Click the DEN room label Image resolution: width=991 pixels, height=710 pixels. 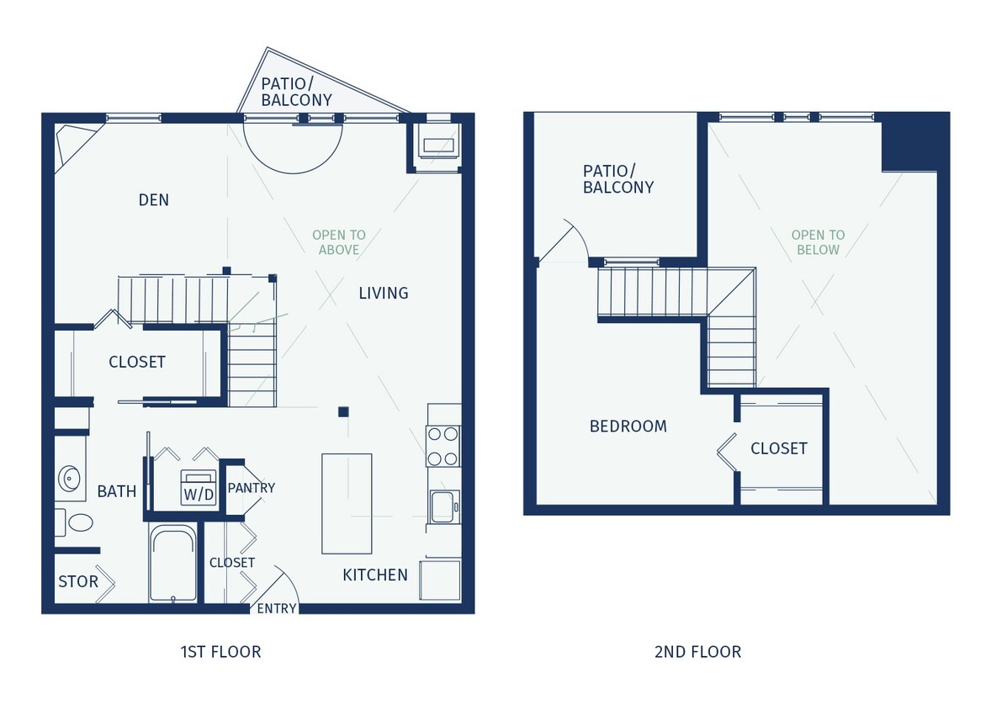point(153,200)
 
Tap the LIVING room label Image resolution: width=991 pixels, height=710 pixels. point(383,294)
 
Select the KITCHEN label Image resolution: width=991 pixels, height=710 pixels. point(374,575)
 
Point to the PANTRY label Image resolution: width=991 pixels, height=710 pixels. point(251,488)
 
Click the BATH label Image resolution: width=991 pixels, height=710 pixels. point(116,491)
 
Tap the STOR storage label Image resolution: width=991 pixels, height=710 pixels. point(77,582)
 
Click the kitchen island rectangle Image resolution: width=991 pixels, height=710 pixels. point(347,503)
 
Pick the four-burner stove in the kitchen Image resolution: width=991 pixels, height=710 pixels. point(443,446)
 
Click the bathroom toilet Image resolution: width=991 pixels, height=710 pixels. point(79,523)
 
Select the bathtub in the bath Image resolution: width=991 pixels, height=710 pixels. point(172,564)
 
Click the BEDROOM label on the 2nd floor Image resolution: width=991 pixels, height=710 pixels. point(628,427)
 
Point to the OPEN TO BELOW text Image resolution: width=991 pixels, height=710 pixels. point(818,242)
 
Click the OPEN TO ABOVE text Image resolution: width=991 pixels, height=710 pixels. point(338,242)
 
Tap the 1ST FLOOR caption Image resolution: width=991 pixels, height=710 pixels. point(220,652)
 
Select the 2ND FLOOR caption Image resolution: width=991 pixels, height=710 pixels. point(697,652)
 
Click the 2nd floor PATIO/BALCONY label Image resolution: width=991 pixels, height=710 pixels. point(617,179)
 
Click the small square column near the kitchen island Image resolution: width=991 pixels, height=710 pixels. point(342,411)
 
